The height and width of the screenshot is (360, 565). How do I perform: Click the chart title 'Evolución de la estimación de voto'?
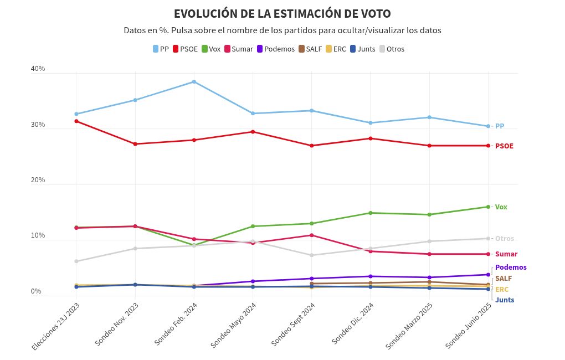click(x=282, y=14)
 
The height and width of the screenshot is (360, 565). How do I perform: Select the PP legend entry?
click(x=161, y=49)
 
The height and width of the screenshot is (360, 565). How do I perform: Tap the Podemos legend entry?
click(x=275, y=49)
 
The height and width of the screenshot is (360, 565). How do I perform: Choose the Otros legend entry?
click(x=391, y=49)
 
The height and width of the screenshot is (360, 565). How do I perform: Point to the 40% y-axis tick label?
click(x=38, y=69)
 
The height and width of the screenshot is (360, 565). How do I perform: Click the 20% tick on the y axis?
click(x=38, y=180)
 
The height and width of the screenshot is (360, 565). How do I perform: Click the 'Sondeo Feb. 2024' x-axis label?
click(x=176, y=325)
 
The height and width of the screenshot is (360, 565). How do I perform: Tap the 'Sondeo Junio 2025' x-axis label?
click(x=469, y=326)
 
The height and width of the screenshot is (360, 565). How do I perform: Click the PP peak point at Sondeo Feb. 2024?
click(x=194, y=82)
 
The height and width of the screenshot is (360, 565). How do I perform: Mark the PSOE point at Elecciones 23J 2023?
click(x=76, y=121)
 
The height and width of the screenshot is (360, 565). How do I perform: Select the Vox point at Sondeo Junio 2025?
click(x=488, y=207)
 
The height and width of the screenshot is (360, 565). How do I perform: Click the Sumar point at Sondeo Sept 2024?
click(x=312, y=235)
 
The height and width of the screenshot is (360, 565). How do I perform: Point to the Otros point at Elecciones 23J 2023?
click(x=76, y=261)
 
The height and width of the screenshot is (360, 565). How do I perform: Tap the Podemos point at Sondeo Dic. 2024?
click(x=371, y=276)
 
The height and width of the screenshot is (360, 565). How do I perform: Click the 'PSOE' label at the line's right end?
click(x=504, y=146)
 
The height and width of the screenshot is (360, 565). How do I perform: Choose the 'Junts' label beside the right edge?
click(x=505, y=300)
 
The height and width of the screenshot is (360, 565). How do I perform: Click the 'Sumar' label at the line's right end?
click(x=506, y=254)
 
